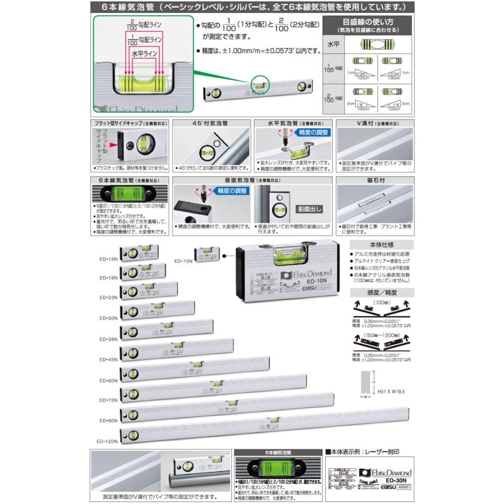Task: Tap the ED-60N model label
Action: coord(108,381)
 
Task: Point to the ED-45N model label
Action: coord(108,359)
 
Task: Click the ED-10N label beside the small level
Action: coord(183,261)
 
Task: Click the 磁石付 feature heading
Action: coord(374,179)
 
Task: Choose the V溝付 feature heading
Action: coord(374,123)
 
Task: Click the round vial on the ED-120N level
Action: coord(132,434)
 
